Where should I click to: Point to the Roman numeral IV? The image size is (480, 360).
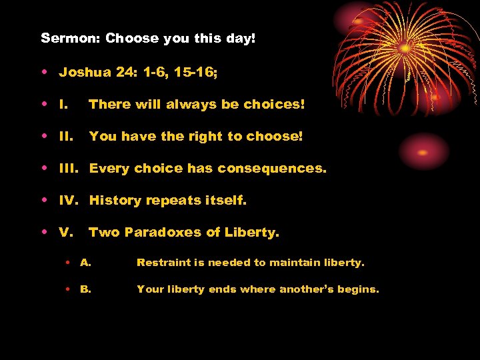click(69, 200)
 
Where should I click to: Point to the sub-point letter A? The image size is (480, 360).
click(85, 263)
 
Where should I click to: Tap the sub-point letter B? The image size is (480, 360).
click(85, 289)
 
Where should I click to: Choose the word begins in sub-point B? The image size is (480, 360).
click(357, 290)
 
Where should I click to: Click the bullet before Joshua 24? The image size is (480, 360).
click(43, 72)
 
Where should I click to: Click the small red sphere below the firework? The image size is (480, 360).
click(424, 152)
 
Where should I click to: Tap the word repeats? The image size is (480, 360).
click(173, 200)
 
